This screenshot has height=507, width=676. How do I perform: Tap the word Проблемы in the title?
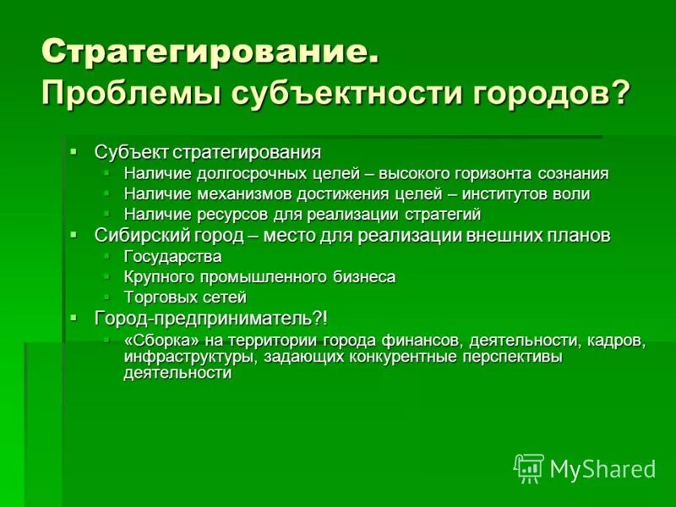coord(118,92)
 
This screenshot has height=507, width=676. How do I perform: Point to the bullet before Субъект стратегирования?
coord(74,151)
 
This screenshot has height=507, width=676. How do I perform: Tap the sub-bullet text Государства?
coord(172,256)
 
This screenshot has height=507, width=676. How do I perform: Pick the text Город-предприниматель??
coord(210,318)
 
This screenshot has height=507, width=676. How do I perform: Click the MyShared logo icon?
coord(528,467)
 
